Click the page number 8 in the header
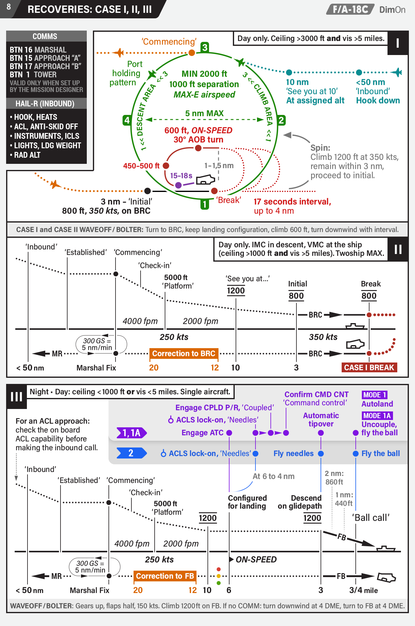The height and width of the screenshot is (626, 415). [9, 7]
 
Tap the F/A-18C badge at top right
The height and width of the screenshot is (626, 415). [350, 9]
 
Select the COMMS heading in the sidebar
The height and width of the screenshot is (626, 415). [45, 36]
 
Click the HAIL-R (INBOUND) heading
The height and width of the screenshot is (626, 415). [45, 104]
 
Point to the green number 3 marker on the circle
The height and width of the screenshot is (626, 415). [205, 47]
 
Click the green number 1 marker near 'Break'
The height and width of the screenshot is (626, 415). [205, 204]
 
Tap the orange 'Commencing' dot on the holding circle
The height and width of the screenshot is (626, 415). [192, 53]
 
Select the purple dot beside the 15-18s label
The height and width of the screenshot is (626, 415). [178, 185]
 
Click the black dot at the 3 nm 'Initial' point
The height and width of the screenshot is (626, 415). [148, 191]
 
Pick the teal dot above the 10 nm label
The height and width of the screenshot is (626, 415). [289, 72]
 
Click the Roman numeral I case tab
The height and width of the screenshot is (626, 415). [398, 43]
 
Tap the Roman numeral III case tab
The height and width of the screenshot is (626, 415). [17, 396]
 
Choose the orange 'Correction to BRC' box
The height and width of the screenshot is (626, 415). [184, 354]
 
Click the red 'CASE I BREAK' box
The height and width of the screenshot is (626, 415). [369, 367]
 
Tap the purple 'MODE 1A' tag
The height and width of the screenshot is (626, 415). [377, 416]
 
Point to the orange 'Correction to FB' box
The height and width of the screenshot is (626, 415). [165, 576]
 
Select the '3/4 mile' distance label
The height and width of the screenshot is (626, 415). [364, 590]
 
